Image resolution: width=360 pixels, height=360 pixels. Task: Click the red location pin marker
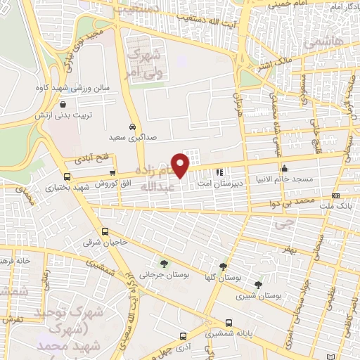(x=181, y=165)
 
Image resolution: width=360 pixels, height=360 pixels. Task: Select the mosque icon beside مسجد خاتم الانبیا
(x=285, y=168)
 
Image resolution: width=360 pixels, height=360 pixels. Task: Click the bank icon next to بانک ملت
(x=336, y=195)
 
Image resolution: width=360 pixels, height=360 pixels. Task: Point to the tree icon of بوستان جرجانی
(x=164, y=264)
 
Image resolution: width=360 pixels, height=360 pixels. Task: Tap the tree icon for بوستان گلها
(x=223, y=266)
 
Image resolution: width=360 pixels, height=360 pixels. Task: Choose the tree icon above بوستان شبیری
(x=258, y=285)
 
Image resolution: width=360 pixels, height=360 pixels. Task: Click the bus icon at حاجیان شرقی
(x=105, y=231)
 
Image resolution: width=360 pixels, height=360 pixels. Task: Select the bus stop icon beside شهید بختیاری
(x=67, y=176)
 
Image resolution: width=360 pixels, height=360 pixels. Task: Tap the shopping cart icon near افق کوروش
(x=112, y=173)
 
